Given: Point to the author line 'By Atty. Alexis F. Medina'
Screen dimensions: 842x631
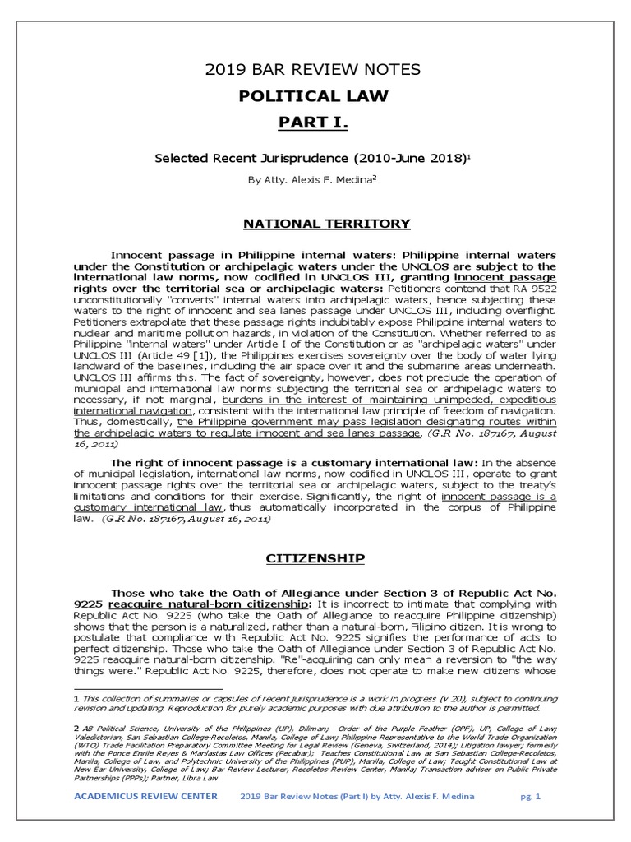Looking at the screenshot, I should click(x=310, y=180).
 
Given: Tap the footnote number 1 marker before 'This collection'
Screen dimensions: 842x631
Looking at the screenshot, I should click(x=76, y=697).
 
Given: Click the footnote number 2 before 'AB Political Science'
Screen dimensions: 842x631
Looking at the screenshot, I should click(x=76, y=728).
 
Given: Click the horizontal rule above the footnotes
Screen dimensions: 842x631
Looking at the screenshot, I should click(x=148, y=687).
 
